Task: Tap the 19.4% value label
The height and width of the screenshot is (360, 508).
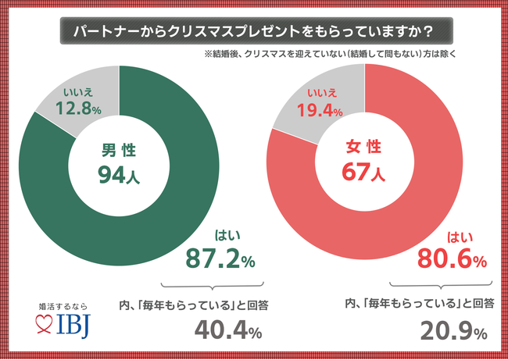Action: pos(317,112)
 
